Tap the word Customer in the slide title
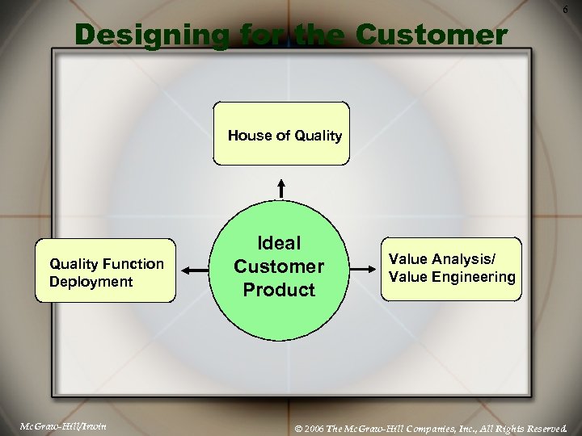pos(432,36)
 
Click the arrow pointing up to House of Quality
pos(281,188)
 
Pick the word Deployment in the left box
pos(91,282)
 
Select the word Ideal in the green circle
pos(279,243)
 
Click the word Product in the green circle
pos(279,290)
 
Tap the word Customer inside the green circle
pos(279,266)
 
